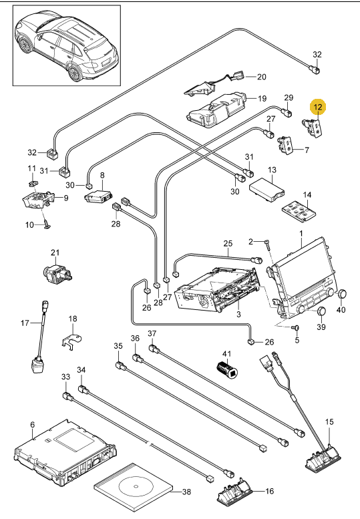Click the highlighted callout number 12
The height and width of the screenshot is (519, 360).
[318, 107]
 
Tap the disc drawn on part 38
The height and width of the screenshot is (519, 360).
[136, 486]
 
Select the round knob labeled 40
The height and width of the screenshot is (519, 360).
[342, 294]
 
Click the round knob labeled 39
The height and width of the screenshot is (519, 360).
[321, 312]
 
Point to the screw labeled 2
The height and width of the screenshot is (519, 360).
[267, 244]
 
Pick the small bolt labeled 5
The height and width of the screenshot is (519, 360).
[296, 328]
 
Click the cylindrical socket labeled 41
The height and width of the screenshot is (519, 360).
[228, 369]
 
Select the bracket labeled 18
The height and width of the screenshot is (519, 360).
[71, 340]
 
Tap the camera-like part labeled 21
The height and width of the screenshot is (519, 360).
[57, 273]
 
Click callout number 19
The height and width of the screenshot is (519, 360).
[262, 98]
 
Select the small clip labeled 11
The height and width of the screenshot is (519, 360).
[33, 182]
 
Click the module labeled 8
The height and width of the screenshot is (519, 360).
[98, 196]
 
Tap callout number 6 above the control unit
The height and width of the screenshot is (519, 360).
[32, 425]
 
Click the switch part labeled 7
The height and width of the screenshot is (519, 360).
[285, 145]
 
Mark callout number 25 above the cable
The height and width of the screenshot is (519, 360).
[228, 244]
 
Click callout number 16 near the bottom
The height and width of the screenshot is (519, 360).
[270, 491]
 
